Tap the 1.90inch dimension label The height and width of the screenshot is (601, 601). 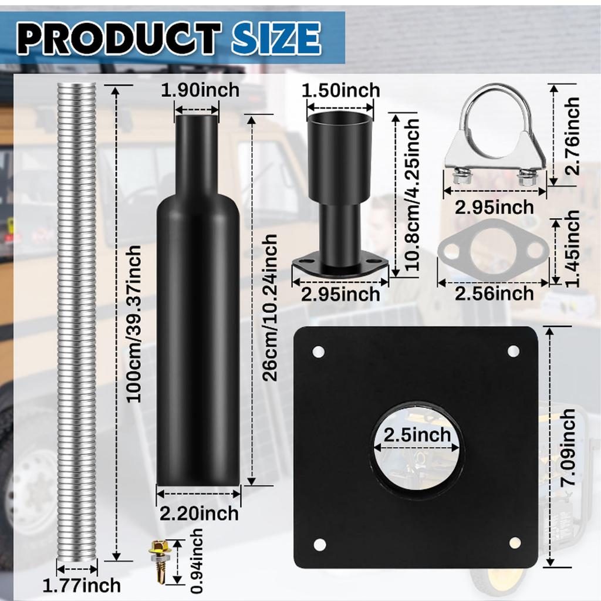[x=200, y=90]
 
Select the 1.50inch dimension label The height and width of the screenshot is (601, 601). [x=341, y=90]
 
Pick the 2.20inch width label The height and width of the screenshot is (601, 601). [x=200, y=514]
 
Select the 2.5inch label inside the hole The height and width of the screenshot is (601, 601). [x=417, y=435]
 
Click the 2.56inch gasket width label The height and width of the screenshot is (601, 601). [x=494, y=293]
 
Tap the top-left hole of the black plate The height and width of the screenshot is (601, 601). [x=319, y=352]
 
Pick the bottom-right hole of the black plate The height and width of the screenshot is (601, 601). [x=515, y=543]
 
